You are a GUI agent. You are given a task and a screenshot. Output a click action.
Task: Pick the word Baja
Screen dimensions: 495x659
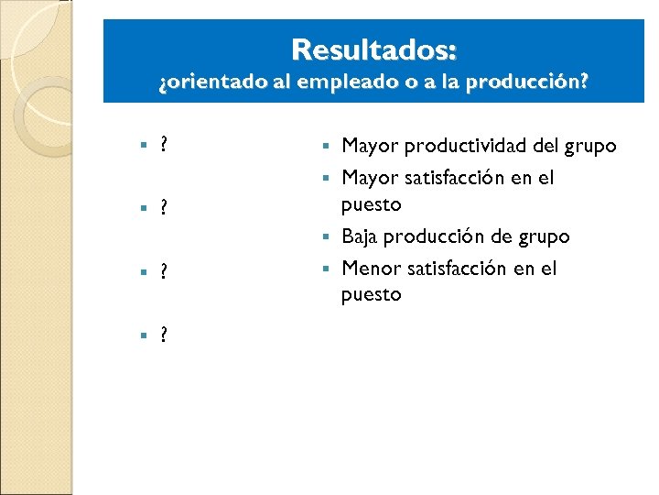360,236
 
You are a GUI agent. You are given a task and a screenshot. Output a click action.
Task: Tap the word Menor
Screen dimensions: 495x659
369,269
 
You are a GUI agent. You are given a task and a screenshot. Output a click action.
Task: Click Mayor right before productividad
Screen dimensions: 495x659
370,146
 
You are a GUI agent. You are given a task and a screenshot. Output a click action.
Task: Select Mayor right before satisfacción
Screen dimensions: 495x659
370,177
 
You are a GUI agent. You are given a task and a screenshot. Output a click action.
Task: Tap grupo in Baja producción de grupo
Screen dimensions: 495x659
546,236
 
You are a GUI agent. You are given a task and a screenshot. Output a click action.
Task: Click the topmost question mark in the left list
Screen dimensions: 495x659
163,144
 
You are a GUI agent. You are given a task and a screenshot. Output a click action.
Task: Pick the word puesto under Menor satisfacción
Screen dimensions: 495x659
371,294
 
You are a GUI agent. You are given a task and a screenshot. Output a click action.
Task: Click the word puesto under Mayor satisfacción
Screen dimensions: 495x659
371,203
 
